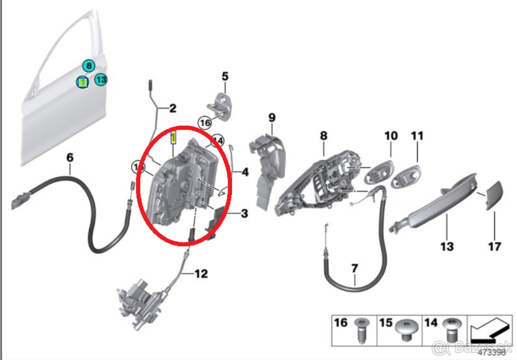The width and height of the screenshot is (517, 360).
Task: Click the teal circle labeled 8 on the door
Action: click(88, 66)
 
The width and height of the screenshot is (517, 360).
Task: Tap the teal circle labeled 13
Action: click(100, 80)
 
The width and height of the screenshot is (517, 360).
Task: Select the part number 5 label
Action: click(225, 77)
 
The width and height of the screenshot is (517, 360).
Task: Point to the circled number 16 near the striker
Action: click(205, 123)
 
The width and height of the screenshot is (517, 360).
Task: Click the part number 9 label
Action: click(271, 117)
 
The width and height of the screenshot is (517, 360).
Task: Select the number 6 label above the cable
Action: click(70, 158)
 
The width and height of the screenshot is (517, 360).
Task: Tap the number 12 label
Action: click(201, 273)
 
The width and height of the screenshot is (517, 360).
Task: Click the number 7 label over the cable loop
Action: click(354, 269)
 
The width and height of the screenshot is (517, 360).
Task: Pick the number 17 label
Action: click(495, 246)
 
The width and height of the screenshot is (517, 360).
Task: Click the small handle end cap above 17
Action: click(493, 195)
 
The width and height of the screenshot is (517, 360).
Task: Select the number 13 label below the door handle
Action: click(447, 246)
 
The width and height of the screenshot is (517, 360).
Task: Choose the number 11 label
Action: click(417, 136)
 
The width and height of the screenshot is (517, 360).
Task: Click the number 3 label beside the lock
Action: click(244, 213)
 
